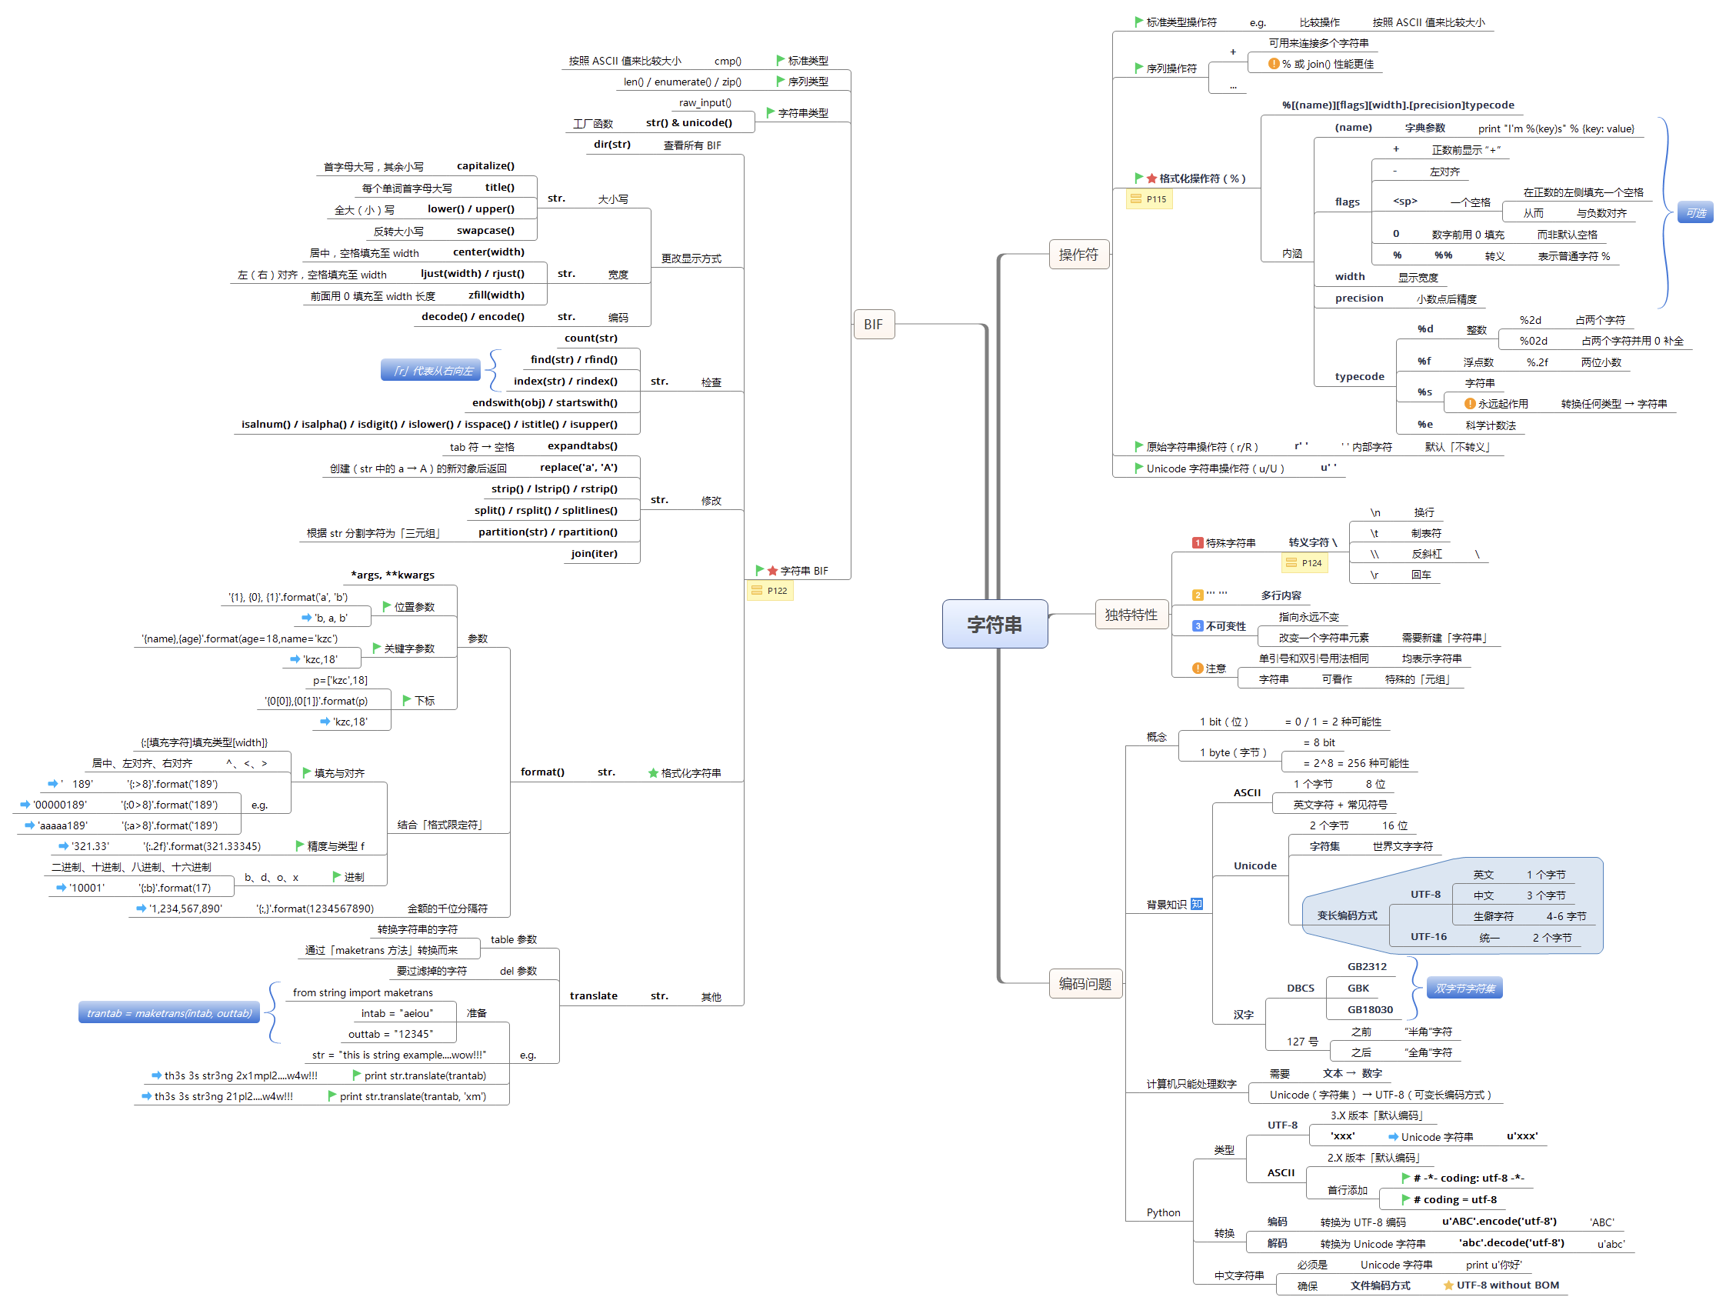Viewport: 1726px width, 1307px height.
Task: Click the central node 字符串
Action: click(x=994, y=624)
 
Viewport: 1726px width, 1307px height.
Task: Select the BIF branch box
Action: click(x=873, y=325)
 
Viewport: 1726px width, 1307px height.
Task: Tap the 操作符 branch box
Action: click(x=1078, y=255)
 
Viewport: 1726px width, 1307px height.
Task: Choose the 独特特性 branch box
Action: click(x=1131, y=615)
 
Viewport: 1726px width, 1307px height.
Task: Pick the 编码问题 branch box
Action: click(x=1085, y=984)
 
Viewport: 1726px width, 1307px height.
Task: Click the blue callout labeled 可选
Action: click(x=1695, y=213)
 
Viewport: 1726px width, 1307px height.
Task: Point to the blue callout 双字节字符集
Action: click(x=1464, y=989)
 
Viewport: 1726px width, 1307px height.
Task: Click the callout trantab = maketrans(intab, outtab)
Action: click(x=169, y=1013)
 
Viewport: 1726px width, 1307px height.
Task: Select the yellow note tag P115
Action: click(x=1149, y=200)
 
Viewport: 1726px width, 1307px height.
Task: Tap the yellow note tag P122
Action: click(x=769, y=591)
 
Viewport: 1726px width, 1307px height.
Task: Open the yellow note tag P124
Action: click(x=1304, y=563)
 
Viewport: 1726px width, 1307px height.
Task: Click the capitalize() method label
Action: click(x=485, y=166)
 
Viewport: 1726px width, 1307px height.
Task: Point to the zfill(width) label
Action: click(x=496, y=295)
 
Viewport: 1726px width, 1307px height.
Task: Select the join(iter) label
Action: click(x=594, y=553)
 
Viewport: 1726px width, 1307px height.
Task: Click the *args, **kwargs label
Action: click(x=392, y=575)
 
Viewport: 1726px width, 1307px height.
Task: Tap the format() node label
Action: click(x=542, y=772)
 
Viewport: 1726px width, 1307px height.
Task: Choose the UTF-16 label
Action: click(x=1428, y=936)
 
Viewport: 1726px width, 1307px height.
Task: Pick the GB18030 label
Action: click(x=1369, y=1010)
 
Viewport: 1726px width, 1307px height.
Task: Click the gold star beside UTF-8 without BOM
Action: click(x=1448, y=1285)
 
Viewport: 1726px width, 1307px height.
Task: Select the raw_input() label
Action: click(x=705, y=103)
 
